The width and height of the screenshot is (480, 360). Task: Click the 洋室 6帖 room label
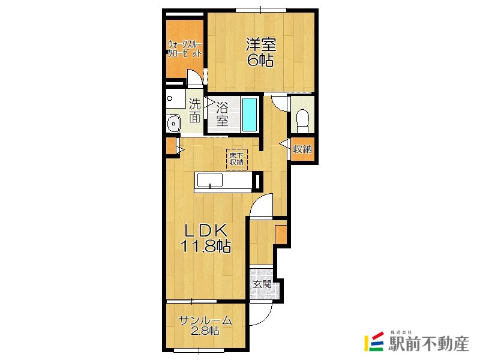[x=260, y=52]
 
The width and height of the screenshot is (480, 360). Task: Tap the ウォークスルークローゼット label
[x=184, y=49]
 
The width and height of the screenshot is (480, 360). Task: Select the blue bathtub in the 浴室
[x=250, y=115]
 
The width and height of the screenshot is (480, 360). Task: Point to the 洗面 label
[x=194, y=110]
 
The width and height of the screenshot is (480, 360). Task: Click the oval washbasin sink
[x=173, y=124]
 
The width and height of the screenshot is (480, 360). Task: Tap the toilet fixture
[x=302, y=121]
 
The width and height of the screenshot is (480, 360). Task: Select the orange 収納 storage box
[x=302, y=149]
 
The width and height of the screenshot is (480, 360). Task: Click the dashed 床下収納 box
[x=236, y=159]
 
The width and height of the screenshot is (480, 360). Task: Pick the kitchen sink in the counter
[x=209, y=181]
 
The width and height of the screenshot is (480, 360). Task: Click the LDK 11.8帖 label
[x=206, y=238]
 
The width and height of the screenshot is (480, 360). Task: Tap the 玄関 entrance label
[x=262, y=284]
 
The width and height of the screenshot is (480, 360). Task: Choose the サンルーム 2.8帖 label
[x=205, y=325]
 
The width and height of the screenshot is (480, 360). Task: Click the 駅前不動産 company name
[x=428, y=344]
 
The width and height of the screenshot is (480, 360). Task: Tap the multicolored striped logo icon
[x=374, y=341]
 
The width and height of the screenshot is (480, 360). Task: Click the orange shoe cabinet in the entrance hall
[x=280, y=235]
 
